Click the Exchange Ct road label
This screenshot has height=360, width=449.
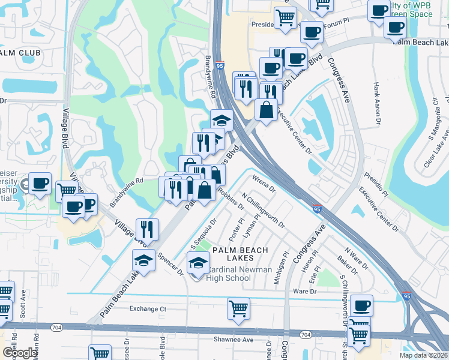(148, 309)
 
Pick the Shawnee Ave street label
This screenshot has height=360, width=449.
(232, 340)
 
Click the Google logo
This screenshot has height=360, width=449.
(20, 353)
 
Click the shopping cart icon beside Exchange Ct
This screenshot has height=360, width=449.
(238, 309)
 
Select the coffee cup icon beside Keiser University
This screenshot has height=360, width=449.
(40, 183)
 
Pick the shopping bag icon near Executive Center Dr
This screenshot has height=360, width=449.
(266, 110)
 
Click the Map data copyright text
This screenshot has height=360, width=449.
(423, 355)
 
